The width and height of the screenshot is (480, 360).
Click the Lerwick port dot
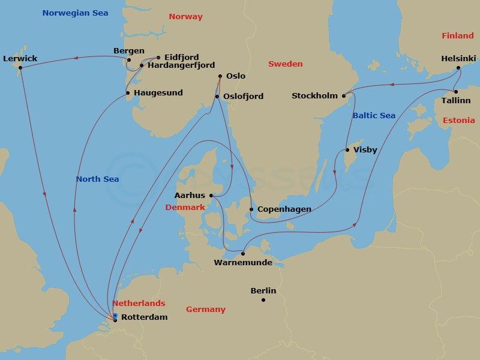pos(20,67)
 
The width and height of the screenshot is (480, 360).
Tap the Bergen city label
pos(128,51)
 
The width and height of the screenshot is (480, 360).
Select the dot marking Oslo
pos(220,76)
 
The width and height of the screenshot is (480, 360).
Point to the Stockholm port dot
pos(344,95)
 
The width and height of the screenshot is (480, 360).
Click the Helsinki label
pos(458,59)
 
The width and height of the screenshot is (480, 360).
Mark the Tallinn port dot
pos(456,92)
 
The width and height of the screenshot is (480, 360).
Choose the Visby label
pos(365,150)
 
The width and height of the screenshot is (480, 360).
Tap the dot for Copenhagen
pos(251,209)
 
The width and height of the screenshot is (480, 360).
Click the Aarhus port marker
pos(211,195)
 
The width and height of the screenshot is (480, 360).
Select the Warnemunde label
pos(242,263)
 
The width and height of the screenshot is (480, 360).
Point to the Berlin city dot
pos(263,299)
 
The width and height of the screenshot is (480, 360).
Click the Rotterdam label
pos(144,317)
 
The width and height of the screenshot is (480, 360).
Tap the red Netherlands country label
pos(139,304)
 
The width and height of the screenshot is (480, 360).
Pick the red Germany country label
pos(205,310)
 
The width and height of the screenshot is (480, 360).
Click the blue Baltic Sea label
pos(374,115)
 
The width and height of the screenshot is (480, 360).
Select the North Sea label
pos(97,179)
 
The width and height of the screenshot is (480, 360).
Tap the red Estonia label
pos(458,121)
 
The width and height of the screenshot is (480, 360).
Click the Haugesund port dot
pos(128,93)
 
